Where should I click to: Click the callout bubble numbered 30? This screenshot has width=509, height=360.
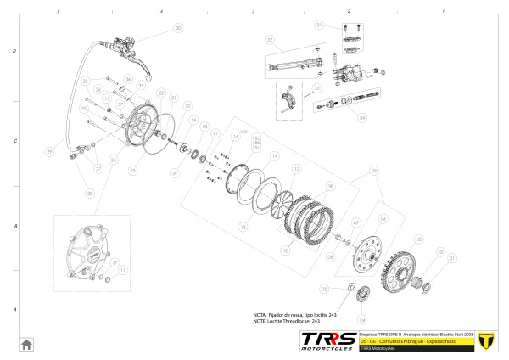pos(178,28)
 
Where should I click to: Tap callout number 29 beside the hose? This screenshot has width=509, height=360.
pos(49,152)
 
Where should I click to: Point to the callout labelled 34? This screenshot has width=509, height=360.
pos(362,118)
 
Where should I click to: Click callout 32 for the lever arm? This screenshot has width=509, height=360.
pos(269,40)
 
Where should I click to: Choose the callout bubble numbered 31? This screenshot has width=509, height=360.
pos(320,25)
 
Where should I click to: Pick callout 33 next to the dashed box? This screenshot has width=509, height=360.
pos(316,87)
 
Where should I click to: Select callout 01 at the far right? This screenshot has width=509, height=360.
pos(452,258)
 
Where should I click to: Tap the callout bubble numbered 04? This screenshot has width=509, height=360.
pos(362,321)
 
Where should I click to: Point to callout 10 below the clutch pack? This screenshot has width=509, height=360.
pos(286,250)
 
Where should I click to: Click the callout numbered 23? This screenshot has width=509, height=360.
pos(132,171)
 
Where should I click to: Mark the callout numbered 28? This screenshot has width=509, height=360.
pos(89,194)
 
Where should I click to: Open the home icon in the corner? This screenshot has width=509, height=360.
pos(26,344)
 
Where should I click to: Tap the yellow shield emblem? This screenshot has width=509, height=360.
pos(486,340)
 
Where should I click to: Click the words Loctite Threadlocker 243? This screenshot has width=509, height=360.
pos(293,322)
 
